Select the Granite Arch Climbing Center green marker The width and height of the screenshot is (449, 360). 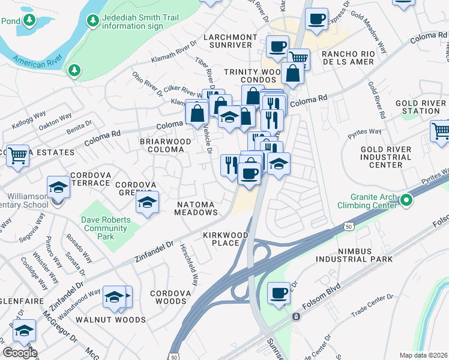(x=406, y=199)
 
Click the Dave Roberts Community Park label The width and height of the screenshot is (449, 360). (x=106, y=224)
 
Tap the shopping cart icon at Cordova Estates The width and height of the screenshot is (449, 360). (x=17, y=155)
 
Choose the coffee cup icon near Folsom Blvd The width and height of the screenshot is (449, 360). (x=279, y=293)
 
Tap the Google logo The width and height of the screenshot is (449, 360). (x=20, y=353)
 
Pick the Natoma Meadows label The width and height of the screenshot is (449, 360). (x=196, y=208)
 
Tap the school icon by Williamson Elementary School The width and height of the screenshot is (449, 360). (x=58, y=187)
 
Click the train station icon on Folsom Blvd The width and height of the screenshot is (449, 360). (x=295, y=316)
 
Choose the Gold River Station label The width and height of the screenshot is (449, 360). (x=417, y=107)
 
